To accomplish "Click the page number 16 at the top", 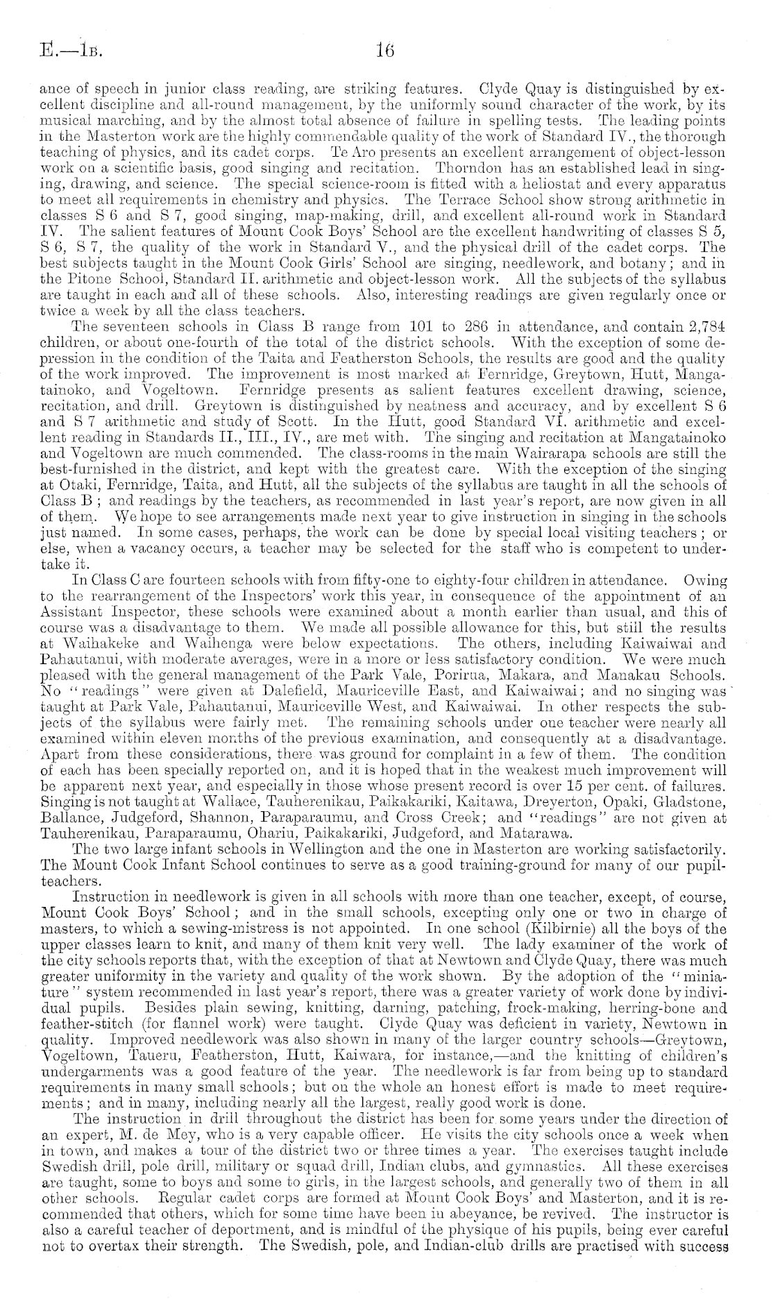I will [x=384, y=50].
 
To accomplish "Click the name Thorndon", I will [x=468, y=169].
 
